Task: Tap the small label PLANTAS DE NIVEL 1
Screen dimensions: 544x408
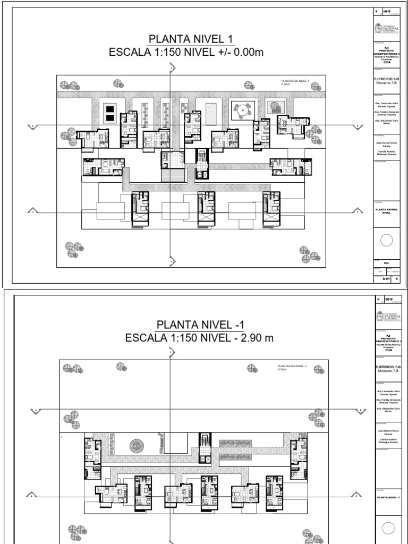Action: click(295, 81)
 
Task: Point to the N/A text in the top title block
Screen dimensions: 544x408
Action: click(386, 262)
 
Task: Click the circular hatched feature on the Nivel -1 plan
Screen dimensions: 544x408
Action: click(137, 445)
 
